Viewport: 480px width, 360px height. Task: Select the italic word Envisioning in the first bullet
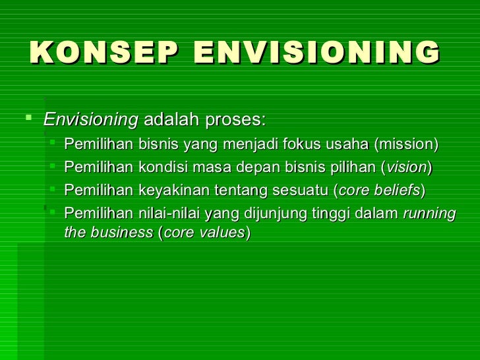point(91,121)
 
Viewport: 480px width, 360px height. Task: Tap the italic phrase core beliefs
point(379,191)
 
